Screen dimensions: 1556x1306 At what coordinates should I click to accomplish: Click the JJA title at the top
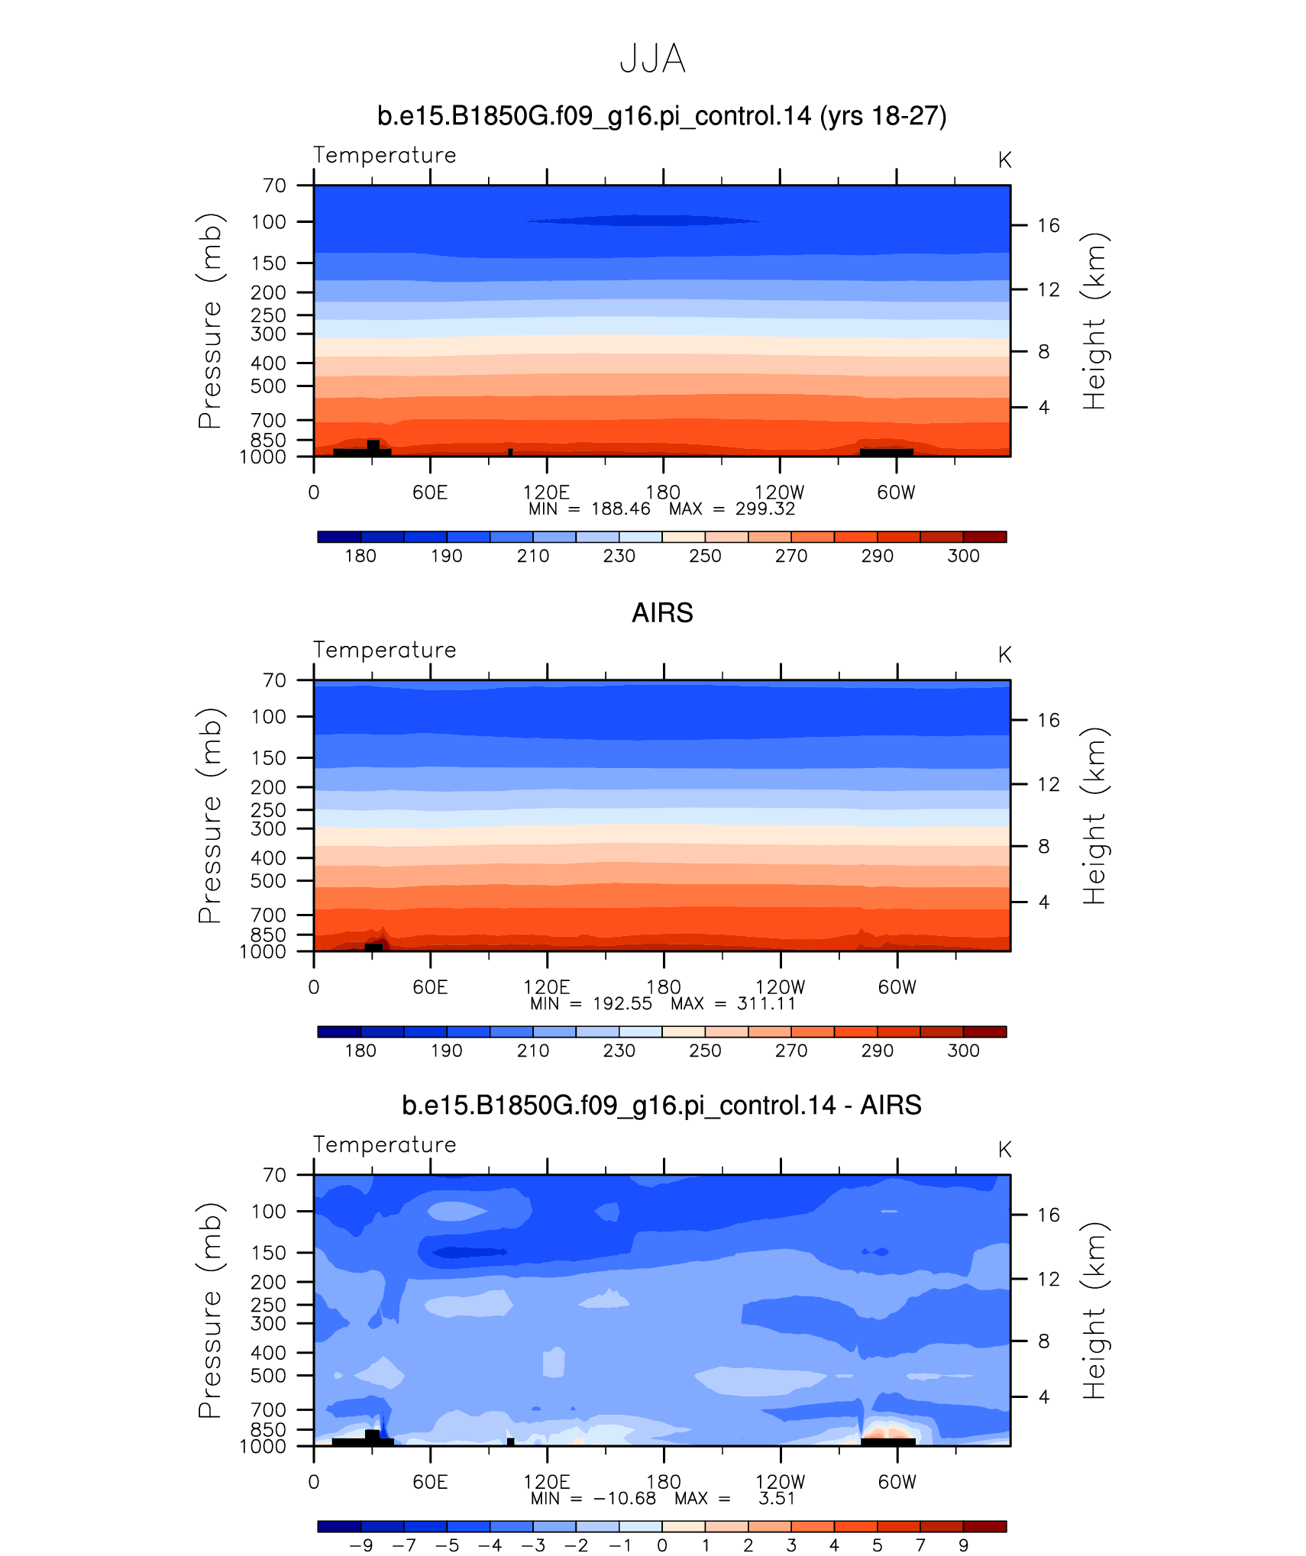(652, 59)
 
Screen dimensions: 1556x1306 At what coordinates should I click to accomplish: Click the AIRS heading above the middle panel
(662, 613)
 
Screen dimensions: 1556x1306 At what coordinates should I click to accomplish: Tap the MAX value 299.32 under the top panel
(765, 509)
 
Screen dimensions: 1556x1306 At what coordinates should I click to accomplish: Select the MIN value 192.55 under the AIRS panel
(622, 1004)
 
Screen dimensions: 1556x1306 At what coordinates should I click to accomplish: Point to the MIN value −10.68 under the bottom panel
(624, 1499)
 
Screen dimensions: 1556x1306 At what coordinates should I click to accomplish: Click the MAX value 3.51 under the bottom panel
(777, 1499)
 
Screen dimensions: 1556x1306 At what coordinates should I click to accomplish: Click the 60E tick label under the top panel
(430, 492)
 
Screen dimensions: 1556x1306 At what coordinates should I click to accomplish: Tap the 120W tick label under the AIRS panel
(780, 987)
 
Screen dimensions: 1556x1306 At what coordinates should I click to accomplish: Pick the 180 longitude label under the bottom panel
(663, 1482)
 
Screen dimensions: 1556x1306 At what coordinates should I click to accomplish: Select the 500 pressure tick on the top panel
(268, 386)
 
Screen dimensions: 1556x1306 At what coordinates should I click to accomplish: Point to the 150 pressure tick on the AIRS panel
(268, 758)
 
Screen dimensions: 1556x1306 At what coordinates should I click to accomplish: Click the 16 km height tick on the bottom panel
(1049, 1215)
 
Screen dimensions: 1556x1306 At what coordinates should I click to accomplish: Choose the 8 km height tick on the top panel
(1044, 352)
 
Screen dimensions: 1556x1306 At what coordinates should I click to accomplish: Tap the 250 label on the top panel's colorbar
(705, 557)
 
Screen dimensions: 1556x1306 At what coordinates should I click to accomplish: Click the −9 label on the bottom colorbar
(360, 1546)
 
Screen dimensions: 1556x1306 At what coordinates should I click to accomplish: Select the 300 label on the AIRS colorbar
(963, 1051)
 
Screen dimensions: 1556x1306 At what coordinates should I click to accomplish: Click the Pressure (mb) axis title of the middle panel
(210, 815)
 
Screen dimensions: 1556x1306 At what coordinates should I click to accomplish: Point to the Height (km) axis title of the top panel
(1094, 321)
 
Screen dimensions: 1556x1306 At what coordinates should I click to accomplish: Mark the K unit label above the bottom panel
(1004, 1150)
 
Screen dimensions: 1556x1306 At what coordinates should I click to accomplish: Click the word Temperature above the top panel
(384, 155)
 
